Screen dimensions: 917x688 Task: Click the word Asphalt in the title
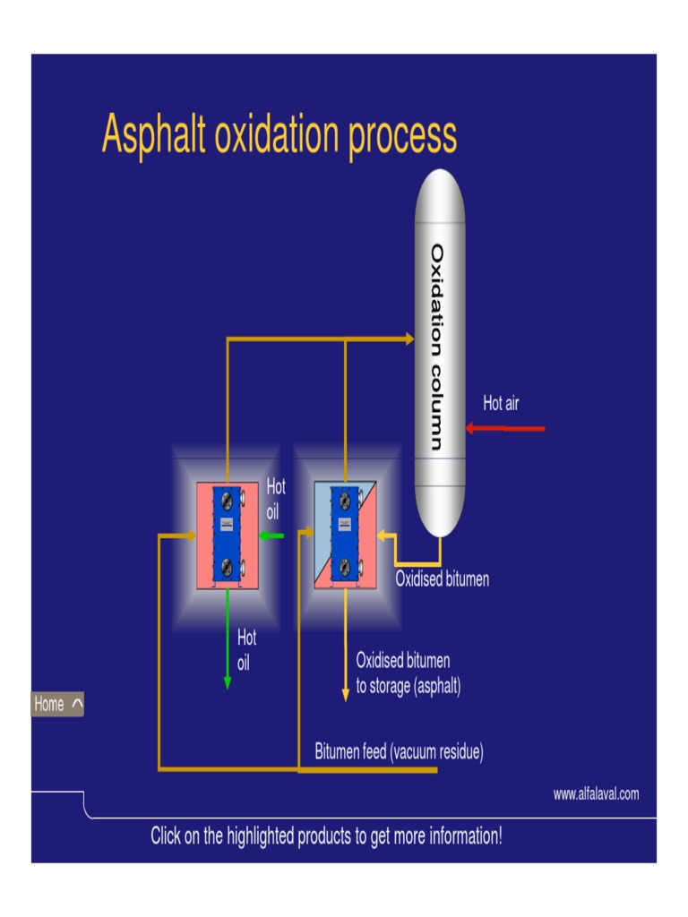[154, 135]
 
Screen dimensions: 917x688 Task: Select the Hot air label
[501, 404]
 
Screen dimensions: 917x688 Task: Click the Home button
[57, 704]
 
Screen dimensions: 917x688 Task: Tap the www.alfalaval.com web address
[596, 793]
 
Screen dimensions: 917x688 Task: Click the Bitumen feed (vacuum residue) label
[399, 751]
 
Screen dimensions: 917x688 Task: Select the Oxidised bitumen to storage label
[408, 673]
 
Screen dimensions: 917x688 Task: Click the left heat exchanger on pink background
[228, 536]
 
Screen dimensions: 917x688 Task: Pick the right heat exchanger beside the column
[345, 536]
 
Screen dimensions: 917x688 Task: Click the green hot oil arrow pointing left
[271, 536]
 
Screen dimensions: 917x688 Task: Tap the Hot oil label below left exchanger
[246, 651]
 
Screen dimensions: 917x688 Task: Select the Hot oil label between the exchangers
[276, 500]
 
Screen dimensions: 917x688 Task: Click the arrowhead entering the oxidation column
[409, 339]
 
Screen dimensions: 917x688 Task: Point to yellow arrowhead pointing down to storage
[345, 695]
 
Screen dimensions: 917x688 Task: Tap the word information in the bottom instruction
[454, 836]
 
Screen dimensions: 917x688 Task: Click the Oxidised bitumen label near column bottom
[443, 579]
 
